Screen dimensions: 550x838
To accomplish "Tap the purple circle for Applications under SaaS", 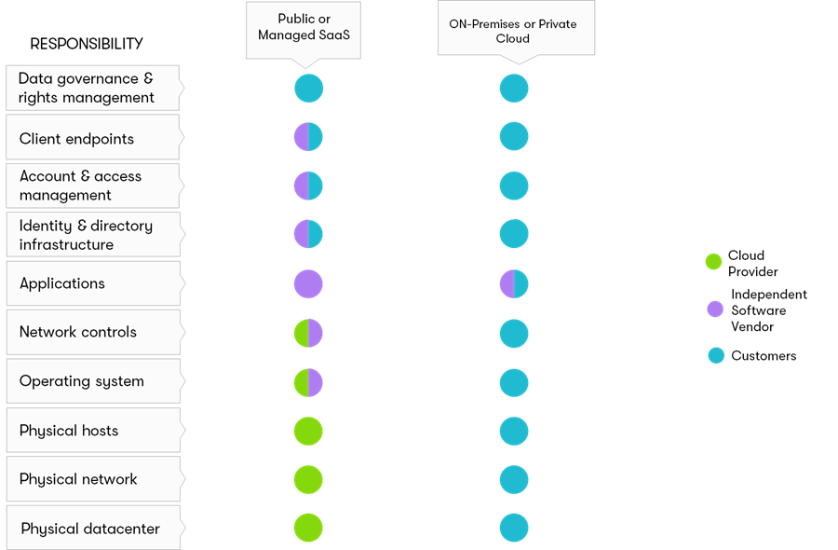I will tap(308, 283).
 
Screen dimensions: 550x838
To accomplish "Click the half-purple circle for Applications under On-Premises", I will tap(514, 283).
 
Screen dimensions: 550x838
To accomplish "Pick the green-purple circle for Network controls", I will tap(308, 333).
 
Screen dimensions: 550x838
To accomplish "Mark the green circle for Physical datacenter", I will tap(308, 528).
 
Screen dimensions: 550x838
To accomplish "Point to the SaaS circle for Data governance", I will tap(308, 89).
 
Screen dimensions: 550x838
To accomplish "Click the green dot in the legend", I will tap(714, 262).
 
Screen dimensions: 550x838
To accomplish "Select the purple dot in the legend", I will tap(715, 309).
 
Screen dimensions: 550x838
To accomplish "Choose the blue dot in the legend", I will tap(716, 355).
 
